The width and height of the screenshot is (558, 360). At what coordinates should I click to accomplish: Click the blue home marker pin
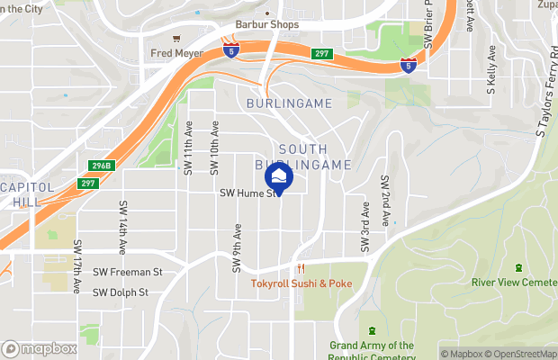point(279,177)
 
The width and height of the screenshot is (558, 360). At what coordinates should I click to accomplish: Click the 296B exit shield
point(101,166)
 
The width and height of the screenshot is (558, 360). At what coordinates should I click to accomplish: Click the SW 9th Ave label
point(238,248)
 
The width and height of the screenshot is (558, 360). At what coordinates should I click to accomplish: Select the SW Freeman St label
point(127,271)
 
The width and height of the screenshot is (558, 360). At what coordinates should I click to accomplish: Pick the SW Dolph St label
point(121,292)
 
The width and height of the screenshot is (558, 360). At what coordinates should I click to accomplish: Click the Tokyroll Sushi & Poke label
point(301,283)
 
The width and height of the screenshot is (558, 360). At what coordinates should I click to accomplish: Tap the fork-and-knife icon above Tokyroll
point(301,268)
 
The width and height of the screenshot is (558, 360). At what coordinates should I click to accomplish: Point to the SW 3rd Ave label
point(365,228)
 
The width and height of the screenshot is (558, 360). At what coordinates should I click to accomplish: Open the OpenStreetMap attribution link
point(523,354)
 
